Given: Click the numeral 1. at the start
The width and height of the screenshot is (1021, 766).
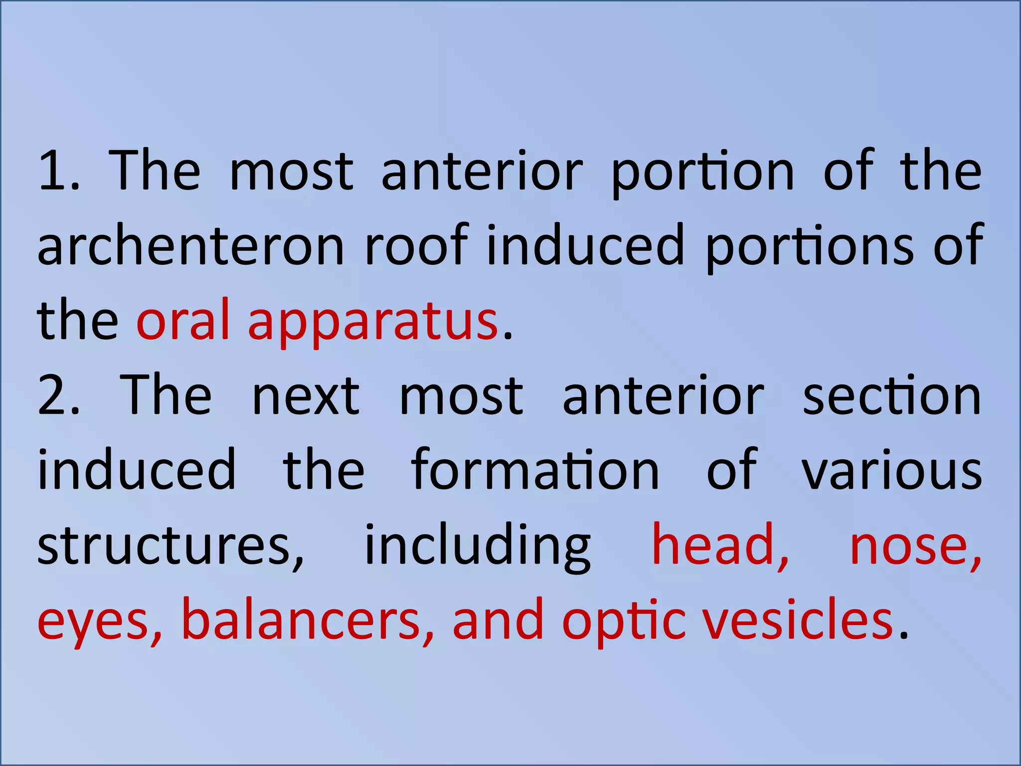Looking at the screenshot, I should (x=58, y=171).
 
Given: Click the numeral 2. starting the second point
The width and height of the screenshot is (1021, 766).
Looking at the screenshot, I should (x=58, y=395).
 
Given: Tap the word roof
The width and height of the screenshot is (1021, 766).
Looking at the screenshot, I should (x=416, y=244).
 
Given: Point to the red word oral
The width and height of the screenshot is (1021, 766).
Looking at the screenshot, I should (x=183, y=320).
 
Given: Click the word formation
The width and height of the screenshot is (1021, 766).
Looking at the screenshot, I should (x=535, y=470).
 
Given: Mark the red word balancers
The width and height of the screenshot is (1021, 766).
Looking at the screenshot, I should (x=307, y=619).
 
